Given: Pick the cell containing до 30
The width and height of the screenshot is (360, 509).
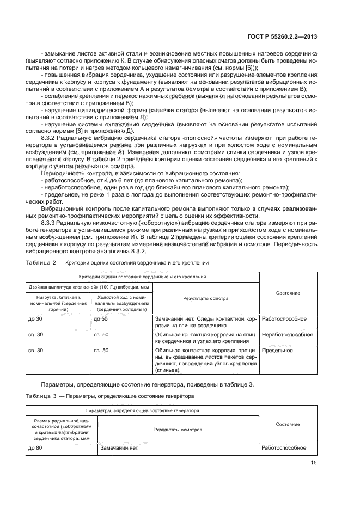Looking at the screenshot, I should click(35, 319).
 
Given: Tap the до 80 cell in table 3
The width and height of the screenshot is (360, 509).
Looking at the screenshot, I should click(35, 448).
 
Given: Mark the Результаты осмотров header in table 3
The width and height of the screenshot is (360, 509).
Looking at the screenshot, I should click(179, 430).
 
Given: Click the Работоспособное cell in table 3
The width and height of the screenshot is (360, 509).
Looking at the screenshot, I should click(284, 448).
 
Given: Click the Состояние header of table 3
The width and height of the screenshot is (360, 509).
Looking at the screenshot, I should click(288, 424).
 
